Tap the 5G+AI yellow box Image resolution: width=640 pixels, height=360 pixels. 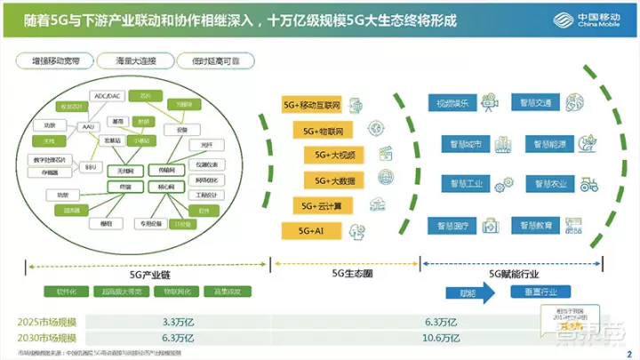coord(309,230)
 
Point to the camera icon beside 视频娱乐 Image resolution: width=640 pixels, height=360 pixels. coord(490,102)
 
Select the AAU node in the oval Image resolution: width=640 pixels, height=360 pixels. coord(90,128)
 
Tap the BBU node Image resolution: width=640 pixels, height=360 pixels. coord(90,165)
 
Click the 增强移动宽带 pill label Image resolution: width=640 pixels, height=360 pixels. coord(54,61)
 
